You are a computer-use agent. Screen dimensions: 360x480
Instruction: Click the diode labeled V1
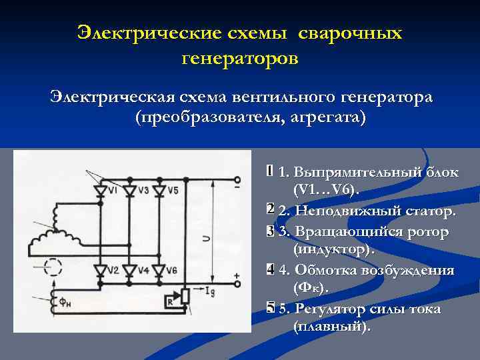[101, 192]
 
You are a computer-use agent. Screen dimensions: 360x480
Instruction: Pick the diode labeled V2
[101, 270]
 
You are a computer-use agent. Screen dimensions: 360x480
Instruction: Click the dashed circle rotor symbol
[52, 267]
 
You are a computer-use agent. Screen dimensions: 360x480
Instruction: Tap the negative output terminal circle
[237, 180]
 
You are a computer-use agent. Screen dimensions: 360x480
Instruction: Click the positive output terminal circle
[237, 283]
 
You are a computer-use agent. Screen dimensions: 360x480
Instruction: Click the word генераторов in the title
[240, 59]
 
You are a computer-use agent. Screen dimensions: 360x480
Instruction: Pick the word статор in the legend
[424, 211]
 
